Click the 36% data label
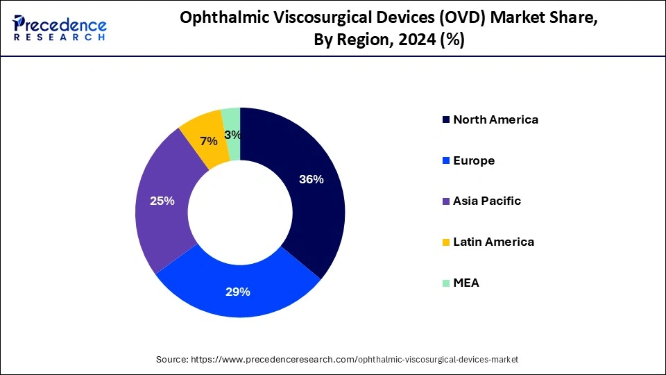click(311, 179)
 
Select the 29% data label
click(237, 292)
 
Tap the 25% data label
click(162, 201)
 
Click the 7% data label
click(208, 141)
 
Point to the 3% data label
click(233, 135)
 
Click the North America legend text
click(495, 119)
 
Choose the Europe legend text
click(474, 160)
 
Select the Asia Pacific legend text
click(487, 201)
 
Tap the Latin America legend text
click(493, 242)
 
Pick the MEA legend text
click(466, 283)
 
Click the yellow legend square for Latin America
click(445, 242)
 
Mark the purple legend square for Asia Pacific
click(445, 201)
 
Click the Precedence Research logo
click(60, 28)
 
